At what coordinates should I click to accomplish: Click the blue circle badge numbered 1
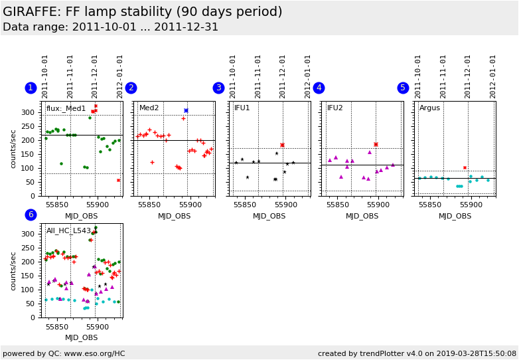pyautogui.click(x=31, y=88)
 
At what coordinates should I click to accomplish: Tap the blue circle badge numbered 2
pyautogui.click(x=131, y=88)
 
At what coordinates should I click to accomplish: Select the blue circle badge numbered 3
pyautogui.click(x=218, y=88)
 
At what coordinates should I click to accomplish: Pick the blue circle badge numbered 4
pyautogui.click(x=319, y=88)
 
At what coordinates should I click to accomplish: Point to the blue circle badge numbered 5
pyautogui.click(x=403, y=88)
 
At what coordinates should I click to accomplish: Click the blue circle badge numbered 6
pyautogui.click(x=31, y=215)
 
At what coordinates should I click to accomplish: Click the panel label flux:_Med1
pyautogui.click(x=66, y=108)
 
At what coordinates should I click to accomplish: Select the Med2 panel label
pyautogui.click(x=149, y=108)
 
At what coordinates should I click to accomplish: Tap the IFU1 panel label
pyautogui.click(x=242, y=108)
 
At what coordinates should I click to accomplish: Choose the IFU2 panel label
pyautogui.click(x=335, y=108)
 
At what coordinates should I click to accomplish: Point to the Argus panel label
pyautogui.click(x=429, y=108)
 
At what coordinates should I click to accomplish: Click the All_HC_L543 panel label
pyautogui.click(x=68, y=230)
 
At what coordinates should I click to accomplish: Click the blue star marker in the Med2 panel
pyautogui.click(x=186, y=110)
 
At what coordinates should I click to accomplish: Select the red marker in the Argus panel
pyautogui.click(x=465, y=168)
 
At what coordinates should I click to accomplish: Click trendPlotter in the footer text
pyautogui.click(x=381, y=353)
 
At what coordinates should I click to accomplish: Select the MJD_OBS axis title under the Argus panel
pyautogui.click(x=455, y=216)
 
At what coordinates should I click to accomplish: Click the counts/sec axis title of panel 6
pyautogui.click(x=14, y=271)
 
